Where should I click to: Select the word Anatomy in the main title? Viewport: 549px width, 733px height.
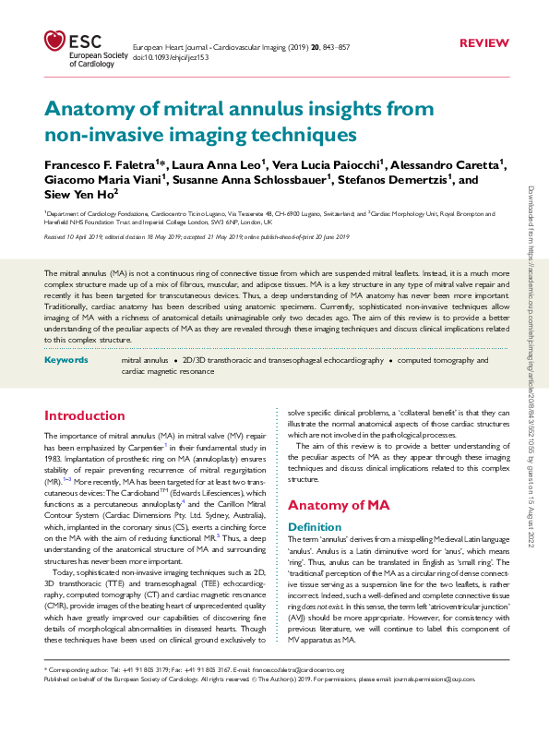coord(85,109)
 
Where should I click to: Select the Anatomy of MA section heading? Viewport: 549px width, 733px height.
coord(340,505)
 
